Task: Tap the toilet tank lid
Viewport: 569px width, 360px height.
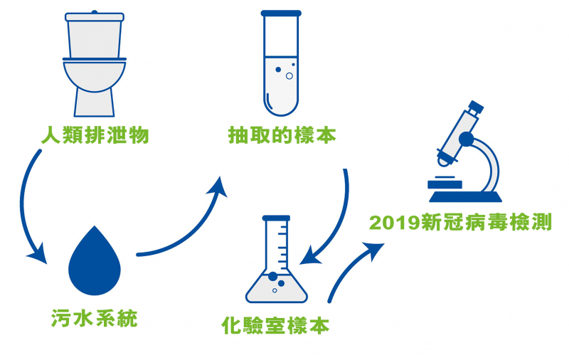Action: [94, 14]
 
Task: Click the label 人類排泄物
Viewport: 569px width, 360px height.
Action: [95, 134]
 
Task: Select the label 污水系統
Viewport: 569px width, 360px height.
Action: [94, 318]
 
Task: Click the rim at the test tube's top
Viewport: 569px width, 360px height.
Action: [281, 14]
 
